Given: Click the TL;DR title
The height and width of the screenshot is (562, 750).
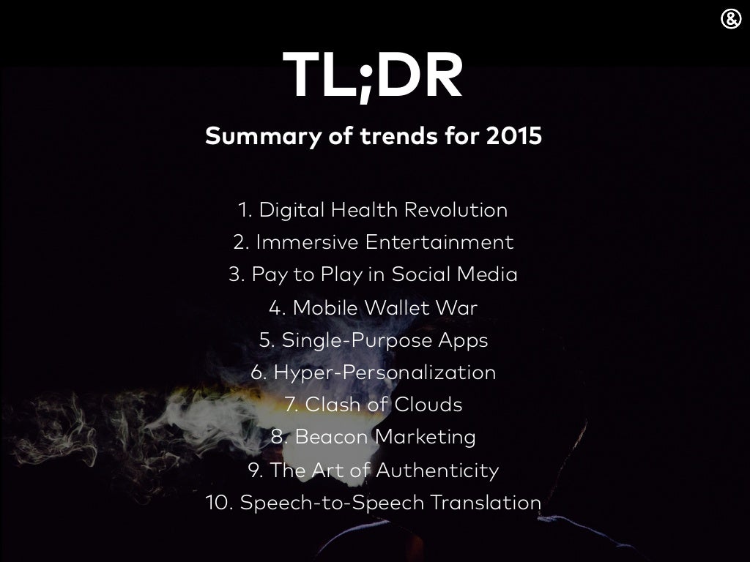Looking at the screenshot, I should coord(374,77).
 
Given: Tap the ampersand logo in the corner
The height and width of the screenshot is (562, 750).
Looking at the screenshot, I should coord(731,20).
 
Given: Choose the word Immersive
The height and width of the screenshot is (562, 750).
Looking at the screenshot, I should coord(307,242).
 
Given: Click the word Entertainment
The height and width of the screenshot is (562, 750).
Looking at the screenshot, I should coord(439,242).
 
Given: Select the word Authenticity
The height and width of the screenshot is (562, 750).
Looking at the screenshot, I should coord(437,470).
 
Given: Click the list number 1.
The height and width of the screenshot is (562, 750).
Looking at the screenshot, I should coord(245,210).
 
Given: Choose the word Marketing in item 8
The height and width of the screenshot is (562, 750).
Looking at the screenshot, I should coord(426,437).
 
